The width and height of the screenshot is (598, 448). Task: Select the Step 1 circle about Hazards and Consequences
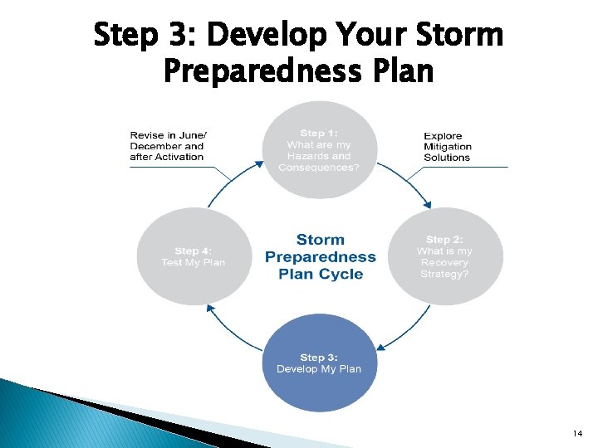[320, 149]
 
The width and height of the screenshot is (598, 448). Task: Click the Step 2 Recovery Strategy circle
[446, 256]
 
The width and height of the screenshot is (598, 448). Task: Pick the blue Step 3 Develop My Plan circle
[320, 363]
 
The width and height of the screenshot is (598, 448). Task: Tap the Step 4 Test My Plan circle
[194, 256]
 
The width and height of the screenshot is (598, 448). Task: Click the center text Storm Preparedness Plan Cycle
[320, 256]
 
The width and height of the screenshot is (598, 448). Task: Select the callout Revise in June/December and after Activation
[169, 146]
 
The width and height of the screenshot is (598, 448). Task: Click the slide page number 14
[578, 434]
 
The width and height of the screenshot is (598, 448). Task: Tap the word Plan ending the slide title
[401, 71]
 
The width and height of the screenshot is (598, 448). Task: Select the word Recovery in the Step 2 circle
[444, 262]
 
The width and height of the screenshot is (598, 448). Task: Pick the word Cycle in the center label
[342, 275]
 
